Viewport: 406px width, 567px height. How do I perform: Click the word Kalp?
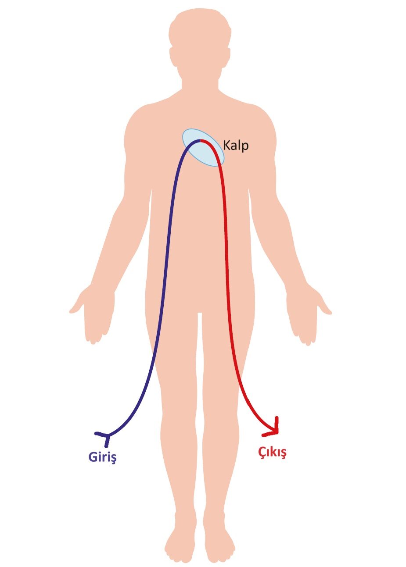(236, 145)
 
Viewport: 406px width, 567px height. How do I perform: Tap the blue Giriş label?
(102, 457)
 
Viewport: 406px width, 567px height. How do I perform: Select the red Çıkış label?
(272, 452)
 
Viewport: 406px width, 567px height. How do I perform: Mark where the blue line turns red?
(200, 140)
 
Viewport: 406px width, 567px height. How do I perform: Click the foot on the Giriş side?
(180, 544)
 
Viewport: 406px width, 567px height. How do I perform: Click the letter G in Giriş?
(93, 457)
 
